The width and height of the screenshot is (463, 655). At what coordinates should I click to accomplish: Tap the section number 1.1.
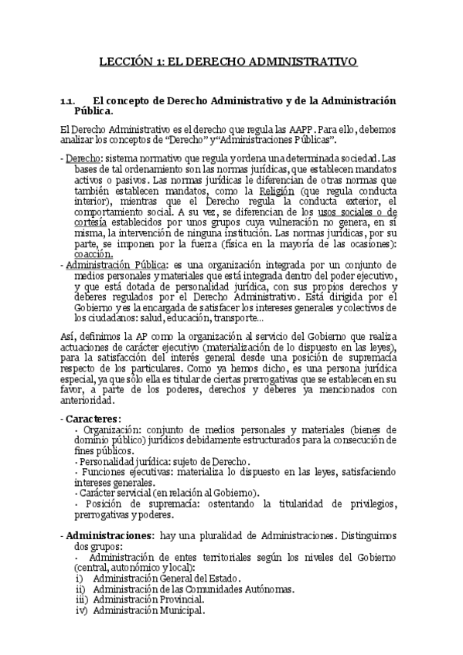point(68,101)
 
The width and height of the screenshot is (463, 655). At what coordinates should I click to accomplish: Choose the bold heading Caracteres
point(93,418)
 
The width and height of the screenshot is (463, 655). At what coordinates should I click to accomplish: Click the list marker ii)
point(80,589)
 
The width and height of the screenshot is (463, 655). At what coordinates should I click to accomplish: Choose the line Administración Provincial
point(148,599)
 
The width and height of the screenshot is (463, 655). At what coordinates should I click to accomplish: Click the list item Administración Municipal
point(148,610)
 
